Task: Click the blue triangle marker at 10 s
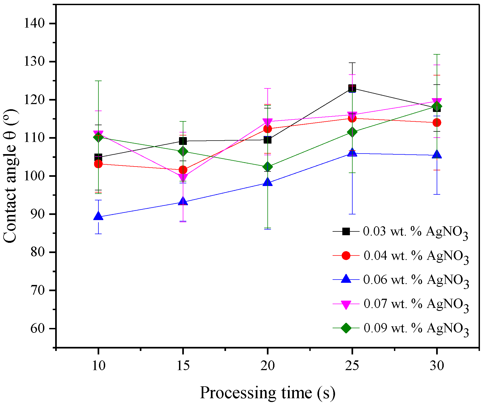(98, 216)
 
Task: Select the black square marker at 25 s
(352, 88)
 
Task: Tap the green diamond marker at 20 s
(267, 167)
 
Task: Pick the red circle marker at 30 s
(437, 122)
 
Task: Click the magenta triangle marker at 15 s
(183, 178)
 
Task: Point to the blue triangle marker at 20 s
(267, 182)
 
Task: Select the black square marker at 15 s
(183, 141)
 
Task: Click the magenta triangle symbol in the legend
(346, 304)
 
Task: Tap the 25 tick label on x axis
(352, 366)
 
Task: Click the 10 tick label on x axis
(98, 366)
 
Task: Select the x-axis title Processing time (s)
(267, 393)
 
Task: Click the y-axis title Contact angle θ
(10, 176)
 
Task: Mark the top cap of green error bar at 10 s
(98, 81)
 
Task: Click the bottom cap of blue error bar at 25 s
(352, 214)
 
